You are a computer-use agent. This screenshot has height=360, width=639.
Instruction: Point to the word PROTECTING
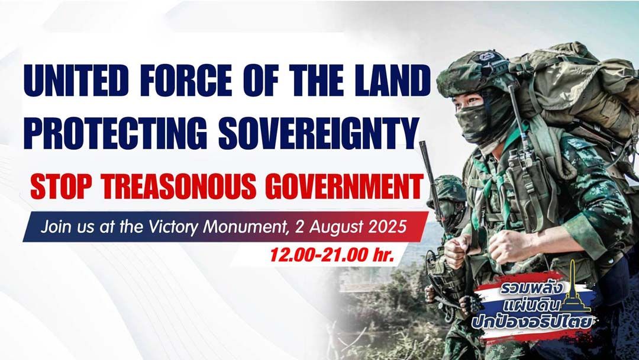(x=115, y=133)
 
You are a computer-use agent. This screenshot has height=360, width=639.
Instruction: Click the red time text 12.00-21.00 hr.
(x=332, y=255)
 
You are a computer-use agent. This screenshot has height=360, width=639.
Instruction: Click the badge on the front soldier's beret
(x=488, y=56)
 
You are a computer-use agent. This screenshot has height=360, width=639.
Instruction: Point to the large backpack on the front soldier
(x=579, y=94)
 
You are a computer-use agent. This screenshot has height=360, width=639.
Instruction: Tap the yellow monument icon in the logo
(x=574, y=290)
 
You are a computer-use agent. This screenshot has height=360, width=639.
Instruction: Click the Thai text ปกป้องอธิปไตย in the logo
(x=532, y=322)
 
